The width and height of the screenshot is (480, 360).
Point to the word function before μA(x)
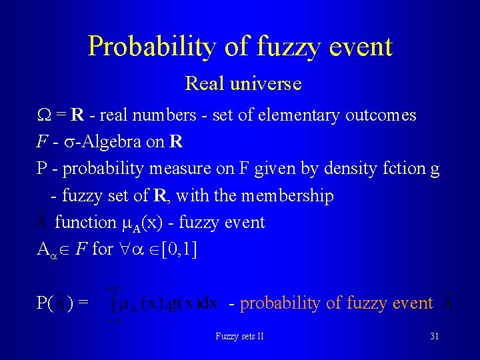pyautogui.click(x=85, y=223)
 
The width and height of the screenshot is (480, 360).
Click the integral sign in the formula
pyautogui.click(x=115, y=303)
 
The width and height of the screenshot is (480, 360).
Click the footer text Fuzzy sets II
pyautogui.click(x=239, y=336)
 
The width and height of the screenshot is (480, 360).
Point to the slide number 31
pyautogui.click(x=434, y=336)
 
